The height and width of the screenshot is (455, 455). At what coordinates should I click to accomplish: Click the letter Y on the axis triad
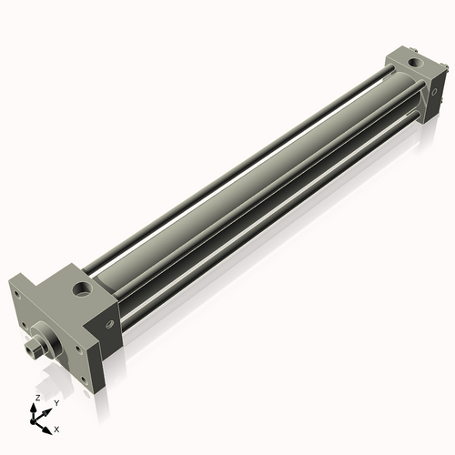(x=56, y=402)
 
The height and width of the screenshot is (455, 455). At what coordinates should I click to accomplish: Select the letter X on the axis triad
(x=56, y=428)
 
